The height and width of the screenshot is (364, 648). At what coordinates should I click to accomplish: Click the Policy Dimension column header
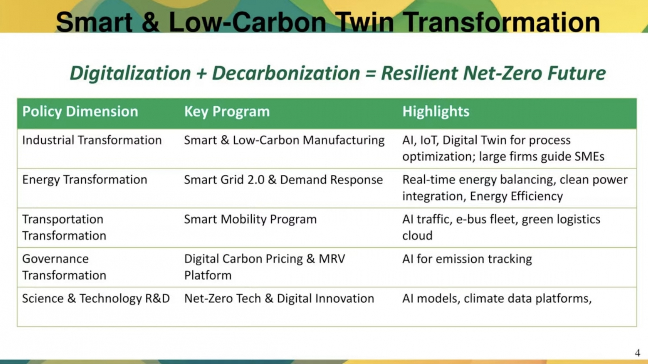(80, 112)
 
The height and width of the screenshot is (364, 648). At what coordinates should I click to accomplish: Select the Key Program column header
(227, 112)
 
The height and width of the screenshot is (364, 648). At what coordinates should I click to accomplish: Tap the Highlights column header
(436, 112)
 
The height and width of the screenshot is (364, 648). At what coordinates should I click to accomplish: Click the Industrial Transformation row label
(92, 140)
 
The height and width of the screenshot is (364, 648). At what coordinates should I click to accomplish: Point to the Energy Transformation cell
(85, 180)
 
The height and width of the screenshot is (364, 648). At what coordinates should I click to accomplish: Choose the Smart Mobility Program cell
(251, 219)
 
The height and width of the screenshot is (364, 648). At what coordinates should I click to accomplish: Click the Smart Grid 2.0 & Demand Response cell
(283, 180)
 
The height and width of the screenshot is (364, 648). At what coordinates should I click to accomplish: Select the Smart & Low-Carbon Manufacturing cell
(284, 140)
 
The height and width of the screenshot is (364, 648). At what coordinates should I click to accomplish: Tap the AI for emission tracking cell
(467, 259)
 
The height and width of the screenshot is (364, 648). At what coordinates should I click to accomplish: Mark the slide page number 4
(637, 353)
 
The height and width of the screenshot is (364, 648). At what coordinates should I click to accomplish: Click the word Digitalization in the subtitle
(130, 73)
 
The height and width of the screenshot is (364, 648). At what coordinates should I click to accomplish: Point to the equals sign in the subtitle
(371, 74)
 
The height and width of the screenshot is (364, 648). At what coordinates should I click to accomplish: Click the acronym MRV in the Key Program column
(332, 259)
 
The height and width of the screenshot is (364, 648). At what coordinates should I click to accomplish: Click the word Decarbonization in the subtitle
(286, 73)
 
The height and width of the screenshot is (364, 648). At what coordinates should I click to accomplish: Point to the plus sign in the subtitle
(201, 73)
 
